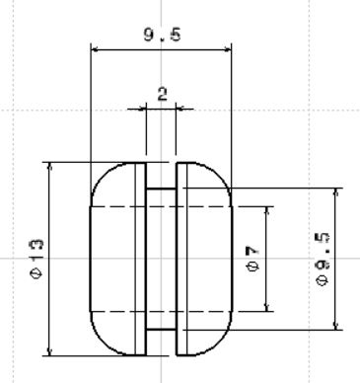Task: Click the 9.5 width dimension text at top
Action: point(162,35)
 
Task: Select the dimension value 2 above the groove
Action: point(163,94)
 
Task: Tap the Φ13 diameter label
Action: point(36,259)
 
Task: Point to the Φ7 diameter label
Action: point(252,259)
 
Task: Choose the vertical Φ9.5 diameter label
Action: point(322,260)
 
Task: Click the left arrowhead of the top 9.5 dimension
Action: point(95,49)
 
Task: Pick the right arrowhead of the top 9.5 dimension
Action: point(228,49)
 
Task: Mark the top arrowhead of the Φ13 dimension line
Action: point(49,166)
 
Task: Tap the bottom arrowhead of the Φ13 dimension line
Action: point(49,351)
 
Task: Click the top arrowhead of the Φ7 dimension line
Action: point(267,210)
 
